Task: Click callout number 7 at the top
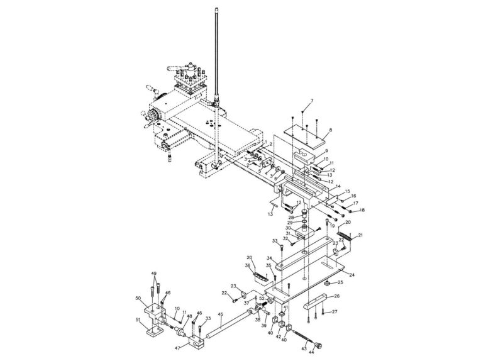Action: coord(311,101)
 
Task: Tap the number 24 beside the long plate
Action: coord(351,275)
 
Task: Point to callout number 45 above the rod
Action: coord(220,314)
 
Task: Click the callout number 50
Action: coord(138,298)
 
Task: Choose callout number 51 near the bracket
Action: coord(138,319)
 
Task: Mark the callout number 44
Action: coord(311,353)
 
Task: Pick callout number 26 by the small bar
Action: coord(336,296)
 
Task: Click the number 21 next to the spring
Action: coord(360,236)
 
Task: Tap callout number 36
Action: coord(248,265)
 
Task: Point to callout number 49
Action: coord(153,274)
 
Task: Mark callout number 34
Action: coord(268,257)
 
